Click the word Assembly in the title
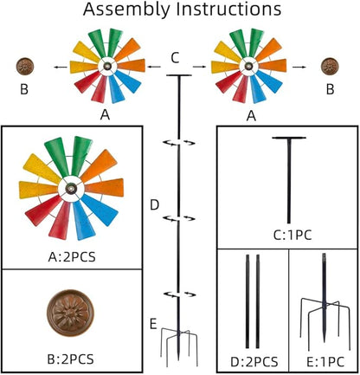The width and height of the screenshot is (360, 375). pyautogui.click(x=126, y=10)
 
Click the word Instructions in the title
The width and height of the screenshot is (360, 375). pyautogui.click(x=228, y=9)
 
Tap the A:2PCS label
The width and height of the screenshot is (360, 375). pyautogui.click(x=72, y=256)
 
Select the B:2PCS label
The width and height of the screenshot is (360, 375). pyautogui.click(x=70, y=359)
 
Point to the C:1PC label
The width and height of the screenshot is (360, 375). pyautogui.click(x=292, y=236)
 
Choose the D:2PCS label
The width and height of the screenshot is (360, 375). pyautogui.click(x=254, y=362)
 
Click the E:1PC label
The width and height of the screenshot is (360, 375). pyautogui.click(x=325, y=362)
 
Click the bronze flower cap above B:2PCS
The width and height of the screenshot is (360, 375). pyautogui.click(x=70, y=313)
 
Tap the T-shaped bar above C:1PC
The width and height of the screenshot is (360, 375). pyautogui.click(x=289, y=179)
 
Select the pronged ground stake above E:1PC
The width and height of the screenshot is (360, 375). pyautogui.click(x=325, y=301)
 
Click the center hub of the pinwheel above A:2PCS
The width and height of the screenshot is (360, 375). pyautogui.click(x=70, y=189)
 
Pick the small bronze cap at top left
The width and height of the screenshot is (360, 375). pyautogui.click(x=25, y=66)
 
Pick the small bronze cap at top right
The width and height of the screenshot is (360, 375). pyautogui.click(x=330, y=66)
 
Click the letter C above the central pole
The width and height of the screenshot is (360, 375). pyautogui.click(x=175, y=58)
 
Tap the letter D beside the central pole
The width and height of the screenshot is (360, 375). pyautogui.click(x=155, y=205)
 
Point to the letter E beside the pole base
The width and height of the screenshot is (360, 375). pyautogui.click(x=153, y=324)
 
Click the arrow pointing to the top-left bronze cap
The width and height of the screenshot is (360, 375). pyautogui.click(x=60, y=68)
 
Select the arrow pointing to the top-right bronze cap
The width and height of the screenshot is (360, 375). pyautogui.click(x=299, y=68)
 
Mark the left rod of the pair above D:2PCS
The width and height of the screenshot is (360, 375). pyautogui.click(x=247, y=301)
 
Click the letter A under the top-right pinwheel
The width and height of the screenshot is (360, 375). pyautogui.click(x=251, y=116)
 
